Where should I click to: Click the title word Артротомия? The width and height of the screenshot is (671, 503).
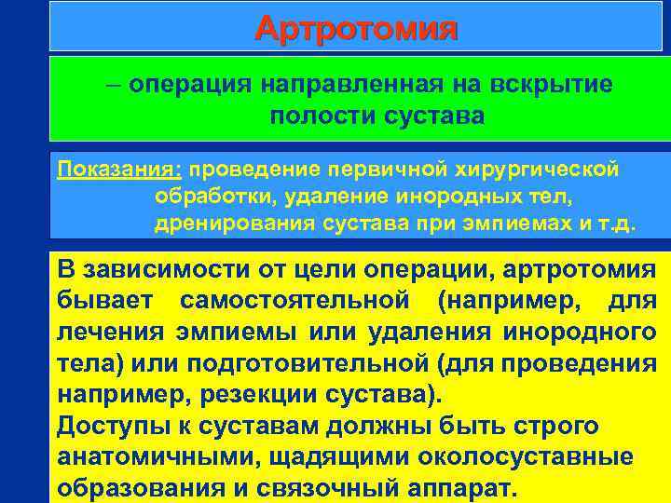356,29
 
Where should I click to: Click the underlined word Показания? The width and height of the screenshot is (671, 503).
118,170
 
